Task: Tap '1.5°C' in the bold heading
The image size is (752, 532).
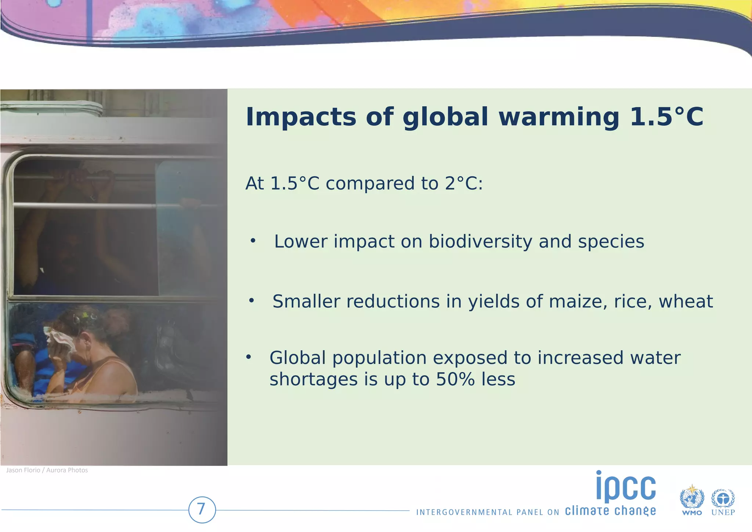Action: pyautogui.click(x=666, y=117)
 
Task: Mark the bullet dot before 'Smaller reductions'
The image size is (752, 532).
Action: pyautogui.click(x=251, y=301)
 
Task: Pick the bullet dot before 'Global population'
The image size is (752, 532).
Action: pyautogui.click(x=249, y=357)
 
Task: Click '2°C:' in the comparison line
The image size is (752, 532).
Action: pyautogui.click(x=464, y=184)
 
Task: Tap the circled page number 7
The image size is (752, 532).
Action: pyautogui.click(x=202, y=510)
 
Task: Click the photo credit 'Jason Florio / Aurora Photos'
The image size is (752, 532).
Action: pyautogui.click(x=47, y=470)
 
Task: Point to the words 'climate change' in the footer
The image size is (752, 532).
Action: pyautogui.click(x=610, y=511)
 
